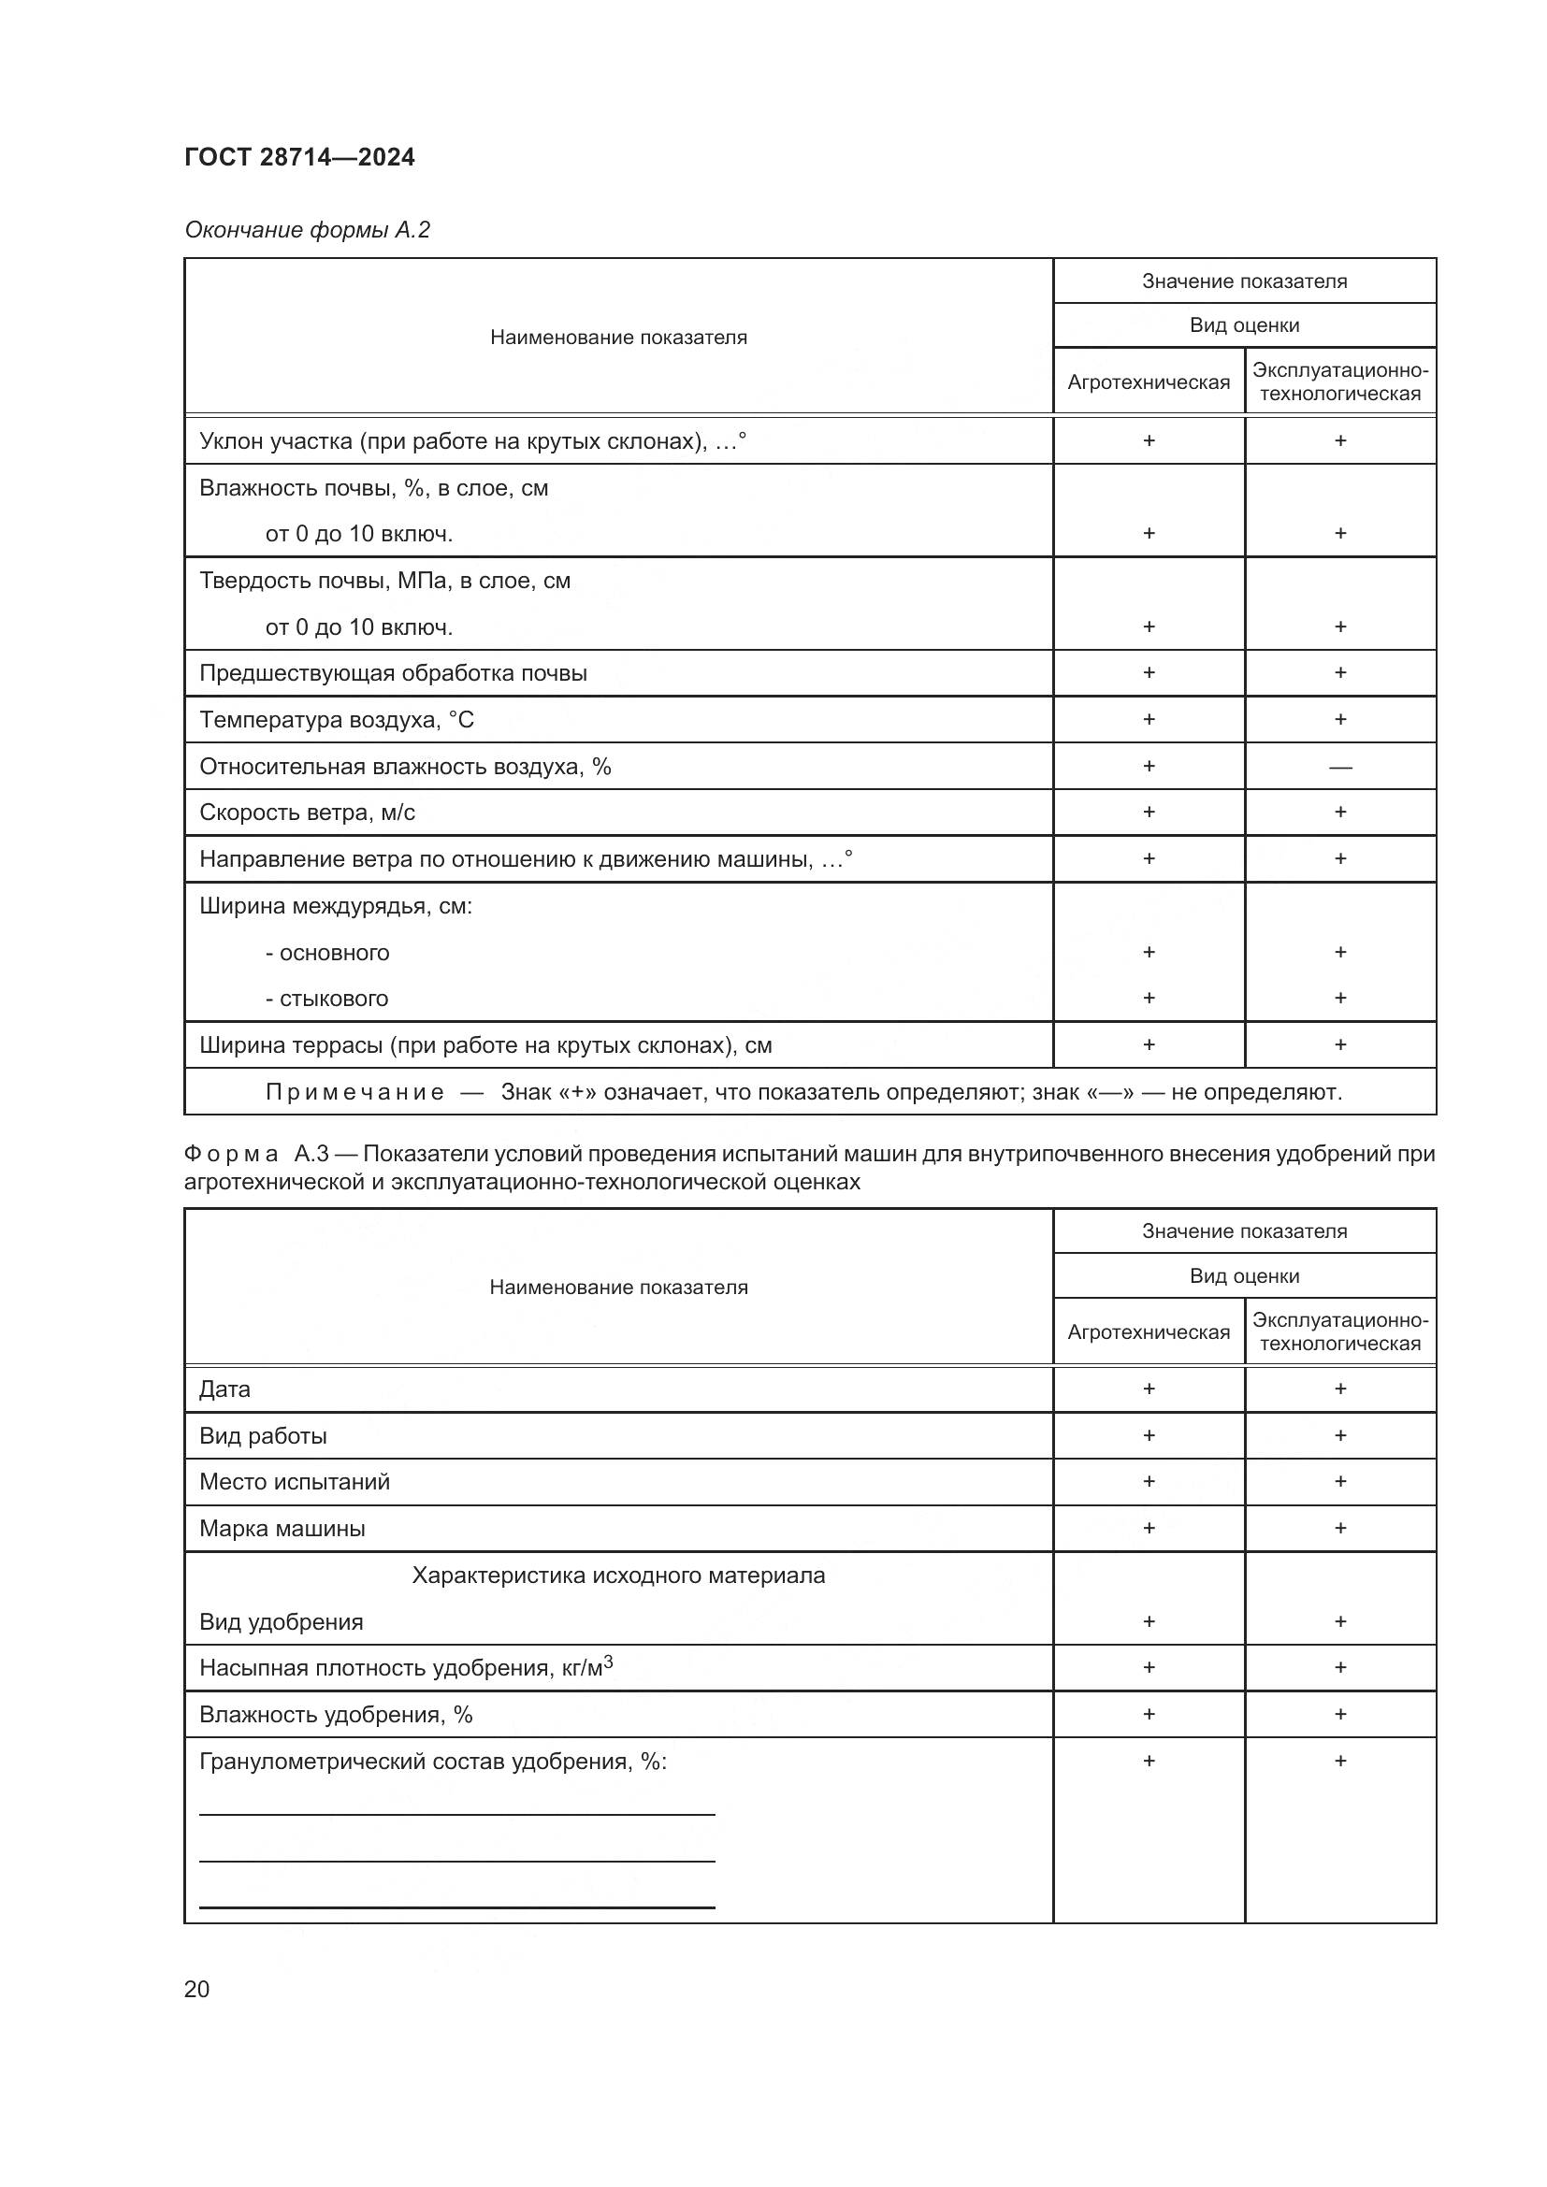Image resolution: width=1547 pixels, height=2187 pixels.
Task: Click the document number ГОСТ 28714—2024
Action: [x=299, y=157]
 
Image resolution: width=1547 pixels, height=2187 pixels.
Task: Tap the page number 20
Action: [x=197, y=1989]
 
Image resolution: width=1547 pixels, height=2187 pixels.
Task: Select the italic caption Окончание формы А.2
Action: [x=307, y=230]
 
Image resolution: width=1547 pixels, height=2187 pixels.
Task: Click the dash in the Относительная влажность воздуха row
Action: [x=1339, y=767]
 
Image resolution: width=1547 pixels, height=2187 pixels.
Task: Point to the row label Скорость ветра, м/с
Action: [x=307, y=813]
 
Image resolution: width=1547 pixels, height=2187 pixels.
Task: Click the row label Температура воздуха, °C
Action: [x=337, y=720]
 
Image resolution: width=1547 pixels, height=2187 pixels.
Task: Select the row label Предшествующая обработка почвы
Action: [x=393, y=673]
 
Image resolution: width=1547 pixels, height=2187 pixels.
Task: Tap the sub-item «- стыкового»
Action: [x=326, y=999]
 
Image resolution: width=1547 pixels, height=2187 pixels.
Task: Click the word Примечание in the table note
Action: [x=354, y=1091]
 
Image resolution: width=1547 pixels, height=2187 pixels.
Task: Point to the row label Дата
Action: [x=224, y=1388]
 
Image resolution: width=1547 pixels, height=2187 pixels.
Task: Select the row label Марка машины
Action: [x=282, y=1529]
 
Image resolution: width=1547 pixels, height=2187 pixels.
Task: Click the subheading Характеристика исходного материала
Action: [x=618, y=1576]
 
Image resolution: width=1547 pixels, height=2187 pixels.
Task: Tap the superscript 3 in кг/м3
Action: [x=608, y=1662]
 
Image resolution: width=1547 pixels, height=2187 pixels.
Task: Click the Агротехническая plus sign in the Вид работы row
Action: [x=1149, y=1435]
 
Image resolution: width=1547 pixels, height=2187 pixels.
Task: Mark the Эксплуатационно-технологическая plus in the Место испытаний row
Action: [x=1339, y=1481]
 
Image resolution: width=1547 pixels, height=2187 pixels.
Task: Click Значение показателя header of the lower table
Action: [x=1244, y=1230]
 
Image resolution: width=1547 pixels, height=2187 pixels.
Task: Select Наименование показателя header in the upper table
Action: [x=618, y=338]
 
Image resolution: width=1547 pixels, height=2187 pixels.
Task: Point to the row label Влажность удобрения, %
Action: [x=336, y=1715]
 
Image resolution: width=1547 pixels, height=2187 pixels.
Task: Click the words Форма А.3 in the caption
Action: [x=255, y=1154]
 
